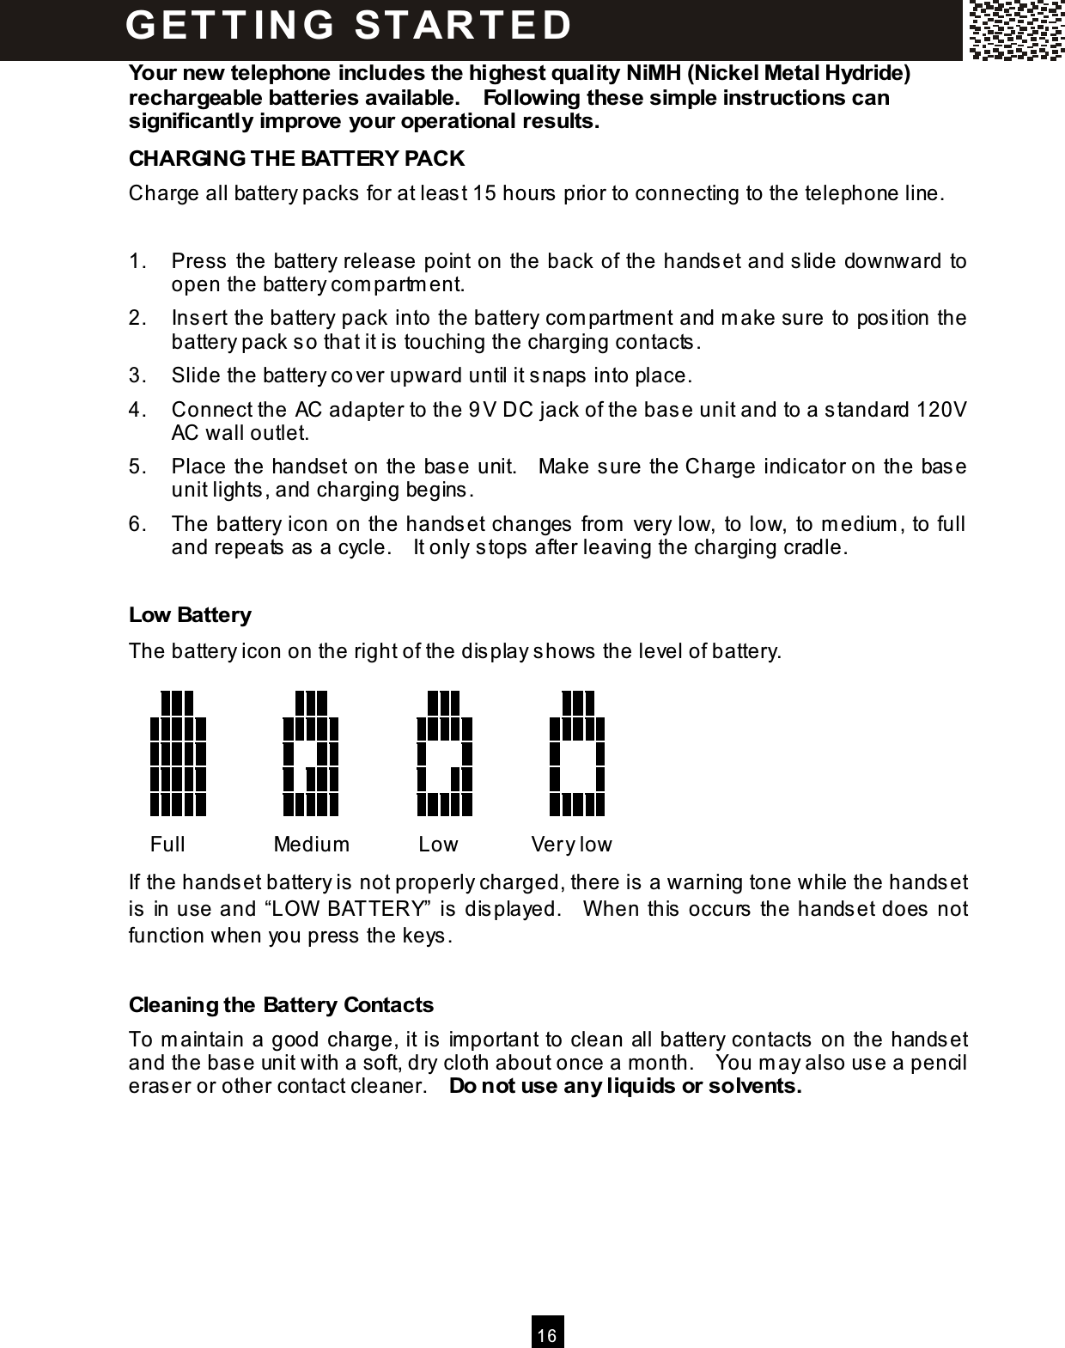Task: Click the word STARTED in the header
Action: pyautogui.click(x=464, y=25)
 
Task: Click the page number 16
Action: pyautogui.click(x=547, y=1335)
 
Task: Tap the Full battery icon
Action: pyautogui.click(x=178, y=753)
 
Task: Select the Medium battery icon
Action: pyautogui.click(x=311, y=753)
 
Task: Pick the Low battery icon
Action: pyautogui.click(x=445, y=753)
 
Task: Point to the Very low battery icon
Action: pyautogui.click(x=577, y=753)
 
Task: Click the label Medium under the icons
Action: pyautogui.click(x=311, y=845)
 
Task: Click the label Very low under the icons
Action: pyautogui.click(x=571, y=845)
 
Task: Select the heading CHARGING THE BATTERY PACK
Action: pyautogui.click(x=296, y=159)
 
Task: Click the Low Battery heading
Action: pyautogui.click(x=190, y=615)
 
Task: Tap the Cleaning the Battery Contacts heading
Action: pyautogui.click(x=281, y=1004)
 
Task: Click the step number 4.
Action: pyautogui.click(x=135, y=409)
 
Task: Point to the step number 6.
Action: pyautogui.click(x=135, y=523)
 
